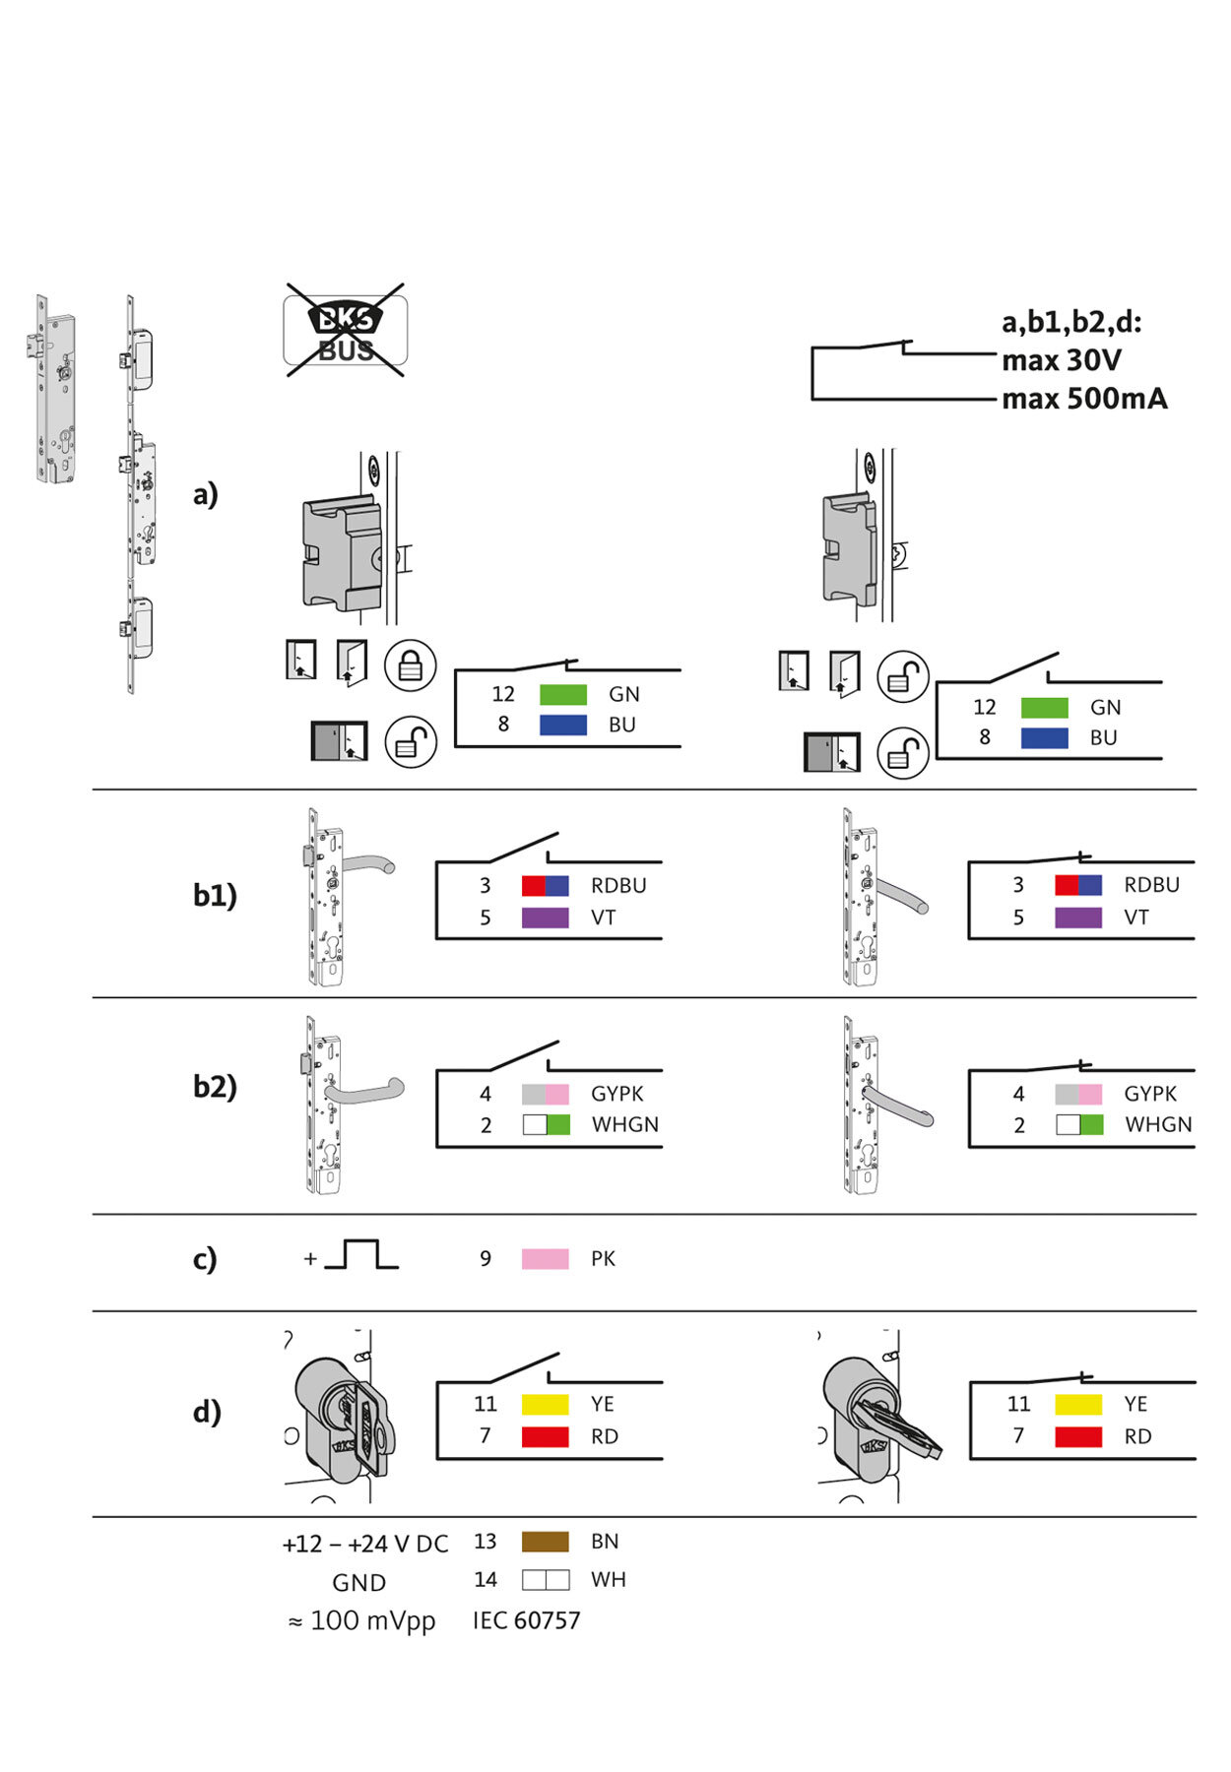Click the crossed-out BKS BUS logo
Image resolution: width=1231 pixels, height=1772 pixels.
346,331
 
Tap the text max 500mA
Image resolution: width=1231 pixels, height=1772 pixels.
1084,399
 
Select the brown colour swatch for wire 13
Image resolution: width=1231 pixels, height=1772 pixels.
545,1542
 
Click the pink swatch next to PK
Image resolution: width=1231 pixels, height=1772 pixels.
545,1258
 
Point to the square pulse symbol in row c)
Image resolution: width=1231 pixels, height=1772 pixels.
360,1255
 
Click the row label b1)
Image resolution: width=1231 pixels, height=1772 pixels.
215,895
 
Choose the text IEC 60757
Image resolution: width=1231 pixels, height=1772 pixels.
527,1620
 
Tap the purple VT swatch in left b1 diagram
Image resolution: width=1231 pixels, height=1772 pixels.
545,918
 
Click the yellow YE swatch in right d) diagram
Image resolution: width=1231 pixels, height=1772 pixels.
1077,1404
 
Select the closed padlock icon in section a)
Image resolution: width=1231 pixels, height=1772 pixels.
411,665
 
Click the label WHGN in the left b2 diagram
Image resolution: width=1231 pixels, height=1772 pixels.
624,1124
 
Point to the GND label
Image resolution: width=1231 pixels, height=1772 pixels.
358,1583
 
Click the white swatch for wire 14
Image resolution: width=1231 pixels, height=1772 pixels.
545,1580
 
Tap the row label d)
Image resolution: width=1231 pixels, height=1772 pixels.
207,1413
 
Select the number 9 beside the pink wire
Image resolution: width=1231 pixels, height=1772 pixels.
486,1258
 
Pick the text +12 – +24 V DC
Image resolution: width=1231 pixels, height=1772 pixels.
364,1544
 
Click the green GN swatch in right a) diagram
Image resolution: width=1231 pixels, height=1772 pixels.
1044,708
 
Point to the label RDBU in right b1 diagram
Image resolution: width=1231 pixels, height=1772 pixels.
1151,885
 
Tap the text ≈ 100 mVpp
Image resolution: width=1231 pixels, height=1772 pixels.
361,1620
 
